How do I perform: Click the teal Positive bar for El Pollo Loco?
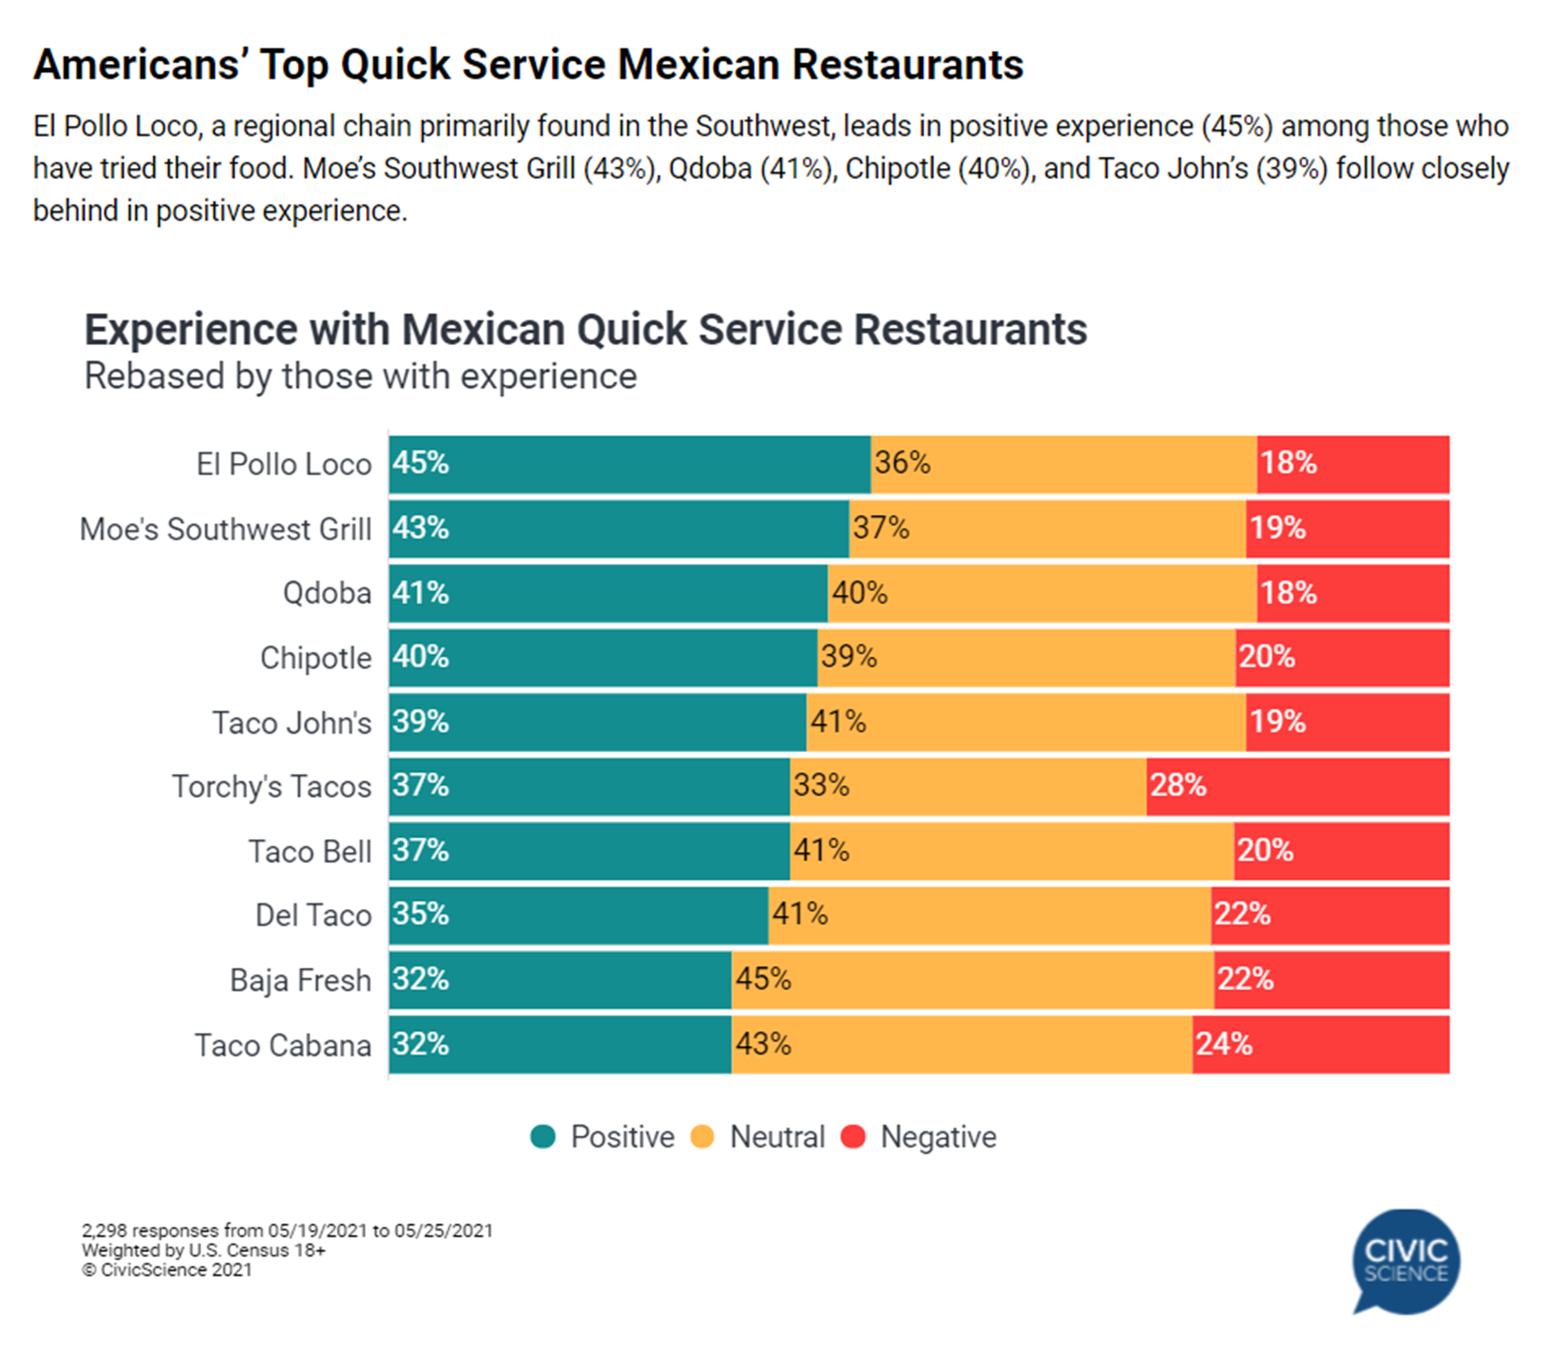(630, 463)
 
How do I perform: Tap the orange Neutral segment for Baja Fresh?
(973, 980)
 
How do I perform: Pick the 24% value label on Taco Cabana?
(1223, 1045)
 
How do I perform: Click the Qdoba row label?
(327, 593)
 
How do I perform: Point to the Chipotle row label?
(316, 657)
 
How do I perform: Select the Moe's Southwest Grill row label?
(226, 529)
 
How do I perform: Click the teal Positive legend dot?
(543, 1137)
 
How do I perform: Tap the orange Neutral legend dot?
(703, 1137)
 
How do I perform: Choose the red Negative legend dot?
(854, 1137)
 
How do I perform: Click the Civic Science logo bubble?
(1406, 1261)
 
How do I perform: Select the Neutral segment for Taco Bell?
(1012, 851)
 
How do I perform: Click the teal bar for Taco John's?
(598, 722)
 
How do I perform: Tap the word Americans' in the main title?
(137, 65)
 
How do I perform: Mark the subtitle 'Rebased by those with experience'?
(361, 376)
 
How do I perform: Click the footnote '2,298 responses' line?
(287, 1230)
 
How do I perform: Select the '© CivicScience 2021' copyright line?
(167, 1270)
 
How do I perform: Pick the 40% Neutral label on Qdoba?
(860, 593)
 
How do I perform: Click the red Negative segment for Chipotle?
(1342, 657)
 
